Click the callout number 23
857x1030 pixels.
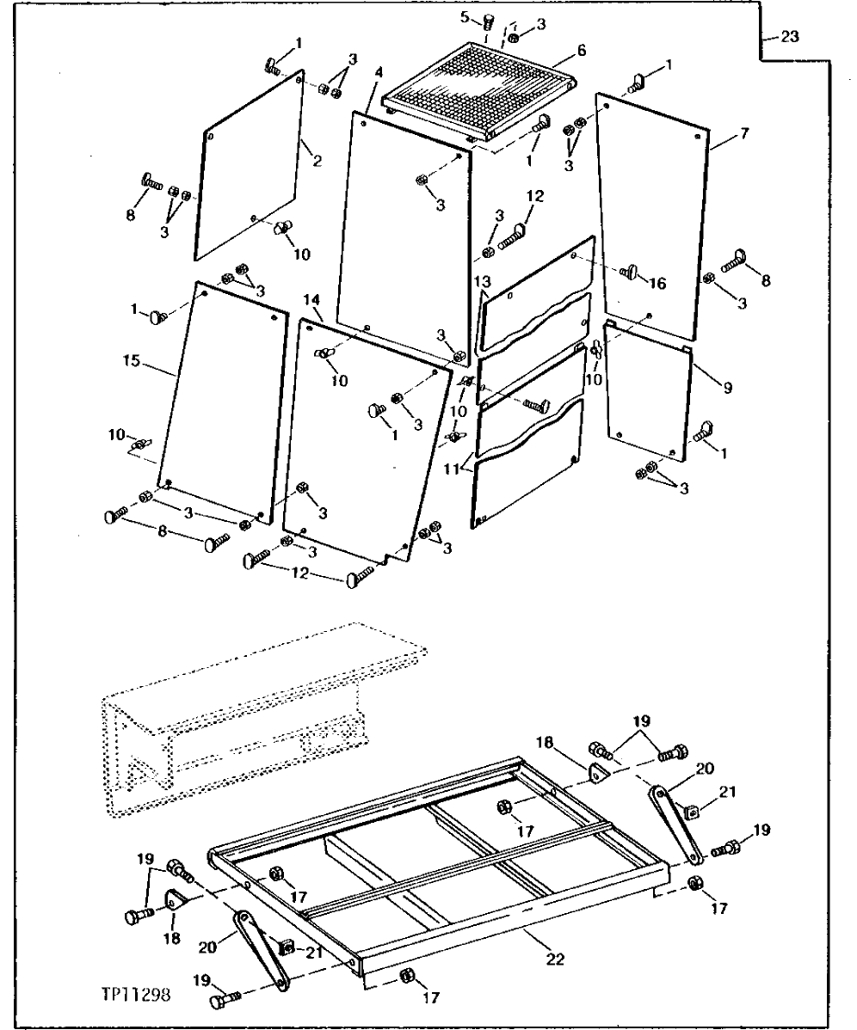pos(790,37)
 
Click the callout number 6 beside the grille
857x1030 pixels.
pos(582,52)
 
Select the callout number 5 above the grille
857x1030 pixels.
pos(487,16)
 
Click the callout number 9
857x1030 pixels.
pos(728,389)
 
